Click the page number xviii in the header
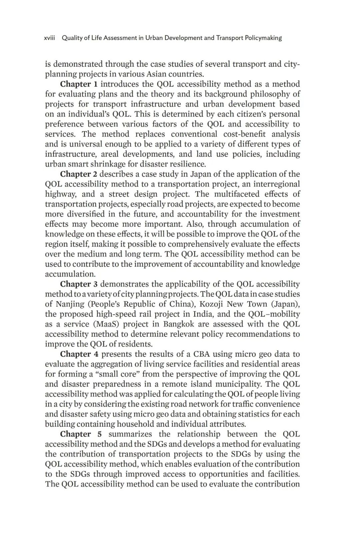coord(50,38)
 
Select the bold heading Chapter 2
coord(78,174)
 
